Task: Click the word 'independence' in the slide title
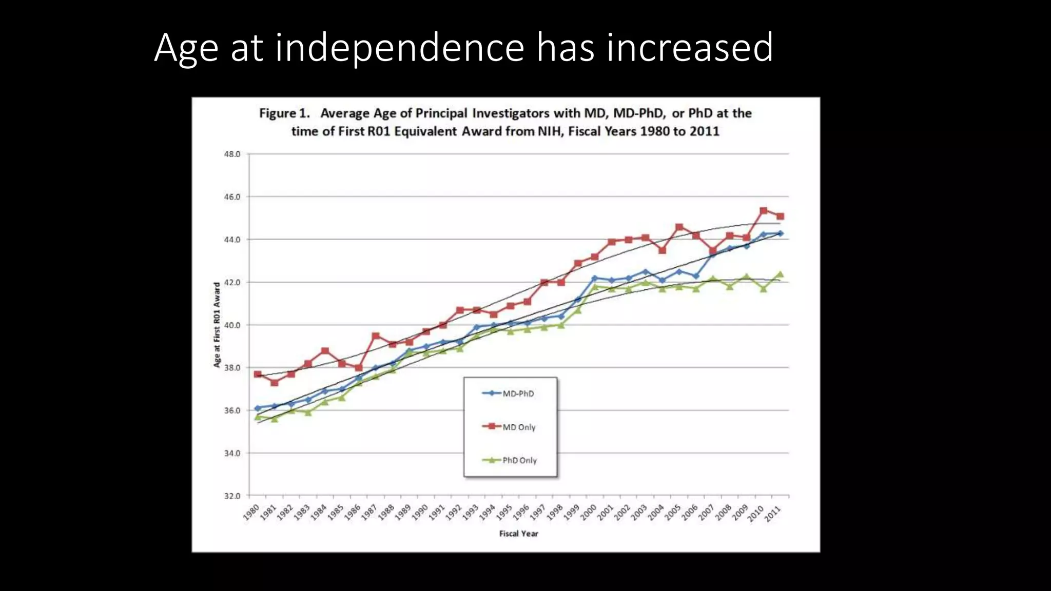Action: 399,48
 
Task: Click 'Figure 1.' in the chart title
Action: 284,113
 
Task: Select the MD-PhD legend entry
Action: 517,393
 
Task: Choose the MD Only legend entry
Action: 518,427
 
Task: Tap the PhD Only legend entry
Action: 519,460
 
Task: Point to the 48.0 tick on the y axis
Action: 232,154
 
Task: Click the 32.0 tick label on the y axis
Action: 232,496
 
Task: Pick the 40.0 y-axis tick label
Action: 232,325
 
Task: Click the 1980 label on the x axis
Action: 251,512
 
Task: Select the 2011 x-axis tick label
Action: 773,513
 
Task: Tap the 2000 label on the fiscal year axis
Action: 588,512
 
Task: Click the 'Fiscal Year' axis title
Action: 518,534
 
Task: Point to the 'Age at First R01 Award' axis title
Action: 217,325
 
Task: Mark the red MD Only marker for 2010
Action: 763,210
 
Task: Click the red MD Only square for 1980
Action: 258,375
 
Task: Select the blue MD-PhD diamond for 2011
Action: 780,233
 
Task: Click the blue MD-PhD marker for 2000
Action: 595,278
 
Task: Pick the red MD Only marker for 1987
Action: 376,336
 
